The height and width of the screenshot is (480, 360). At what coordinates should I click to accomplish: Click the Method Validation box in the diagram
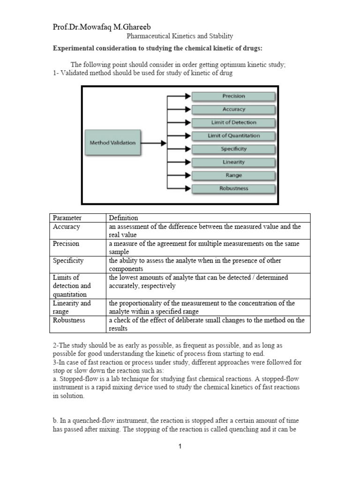click(112, 142)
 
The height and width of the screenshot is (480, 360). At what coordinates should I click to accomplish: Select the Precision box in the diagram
click(233, 96)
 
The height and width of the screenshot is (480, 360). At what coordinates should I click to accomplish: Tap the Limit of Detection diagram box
click(233, 122)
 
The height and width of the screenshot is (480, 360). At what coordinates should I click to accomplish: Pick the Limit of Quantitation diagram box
click(233, 135)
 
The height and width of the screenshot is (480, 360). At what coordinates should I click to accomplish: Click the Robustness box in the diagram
click(233, 188)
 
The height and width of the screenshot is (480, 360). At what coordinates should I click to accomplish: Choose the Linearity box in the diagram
click(233, 162)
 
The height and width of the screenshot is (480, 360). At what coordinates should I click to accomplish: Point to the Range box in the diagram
click(233, 175)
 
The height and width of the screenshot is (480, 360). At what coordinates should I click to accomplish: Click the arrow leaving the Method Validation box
click(153, 142)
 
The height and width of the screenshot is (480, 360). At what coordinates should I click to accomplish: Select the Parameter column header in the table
click(67, 218)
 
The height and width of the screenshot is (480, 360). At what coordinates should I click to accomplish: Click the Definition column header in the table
click(123, 218)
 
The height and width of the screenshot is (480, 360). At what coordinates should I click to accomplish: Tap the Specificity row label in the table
click(68, 261)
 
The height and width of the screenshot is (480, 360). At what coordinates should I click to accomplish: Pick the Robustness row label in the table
click(68, 320)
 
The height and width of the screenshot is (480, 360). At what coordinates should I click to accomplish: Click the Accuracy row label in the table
click(67, 227)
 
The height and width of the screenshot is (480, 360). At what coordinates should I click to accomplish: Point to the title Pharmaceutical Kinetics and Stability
click(180, 36)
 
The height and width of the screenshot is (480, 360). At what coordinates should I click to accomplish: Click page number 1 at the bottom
click(180, 446)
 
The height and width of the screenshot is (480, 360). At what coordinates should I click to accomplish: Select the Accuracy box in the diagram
click(233, 109)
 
